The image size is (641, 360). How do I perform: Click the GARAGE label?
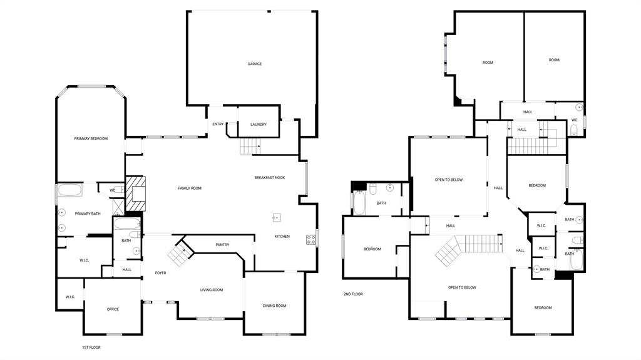point(254,64)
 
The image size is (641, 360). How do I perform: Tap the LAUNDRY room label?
point(259,125)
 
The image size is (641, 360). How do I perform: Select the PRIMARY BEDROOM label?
point(91,138)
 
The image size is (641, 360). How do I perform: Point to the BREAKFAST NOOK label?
point(269,178)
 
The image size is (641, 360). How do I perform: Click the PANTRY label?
point(222,245)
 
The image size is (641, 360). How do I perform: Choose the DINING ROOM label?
point(274,306)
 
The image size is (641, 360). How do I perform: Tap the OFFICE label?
point(113,309)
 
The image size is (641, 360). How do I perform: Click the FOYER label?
point(161,273)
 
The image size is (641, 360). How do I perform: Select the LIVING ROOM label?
point(212,290)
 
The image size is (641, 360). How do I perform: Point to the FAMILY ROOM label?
point(190,188)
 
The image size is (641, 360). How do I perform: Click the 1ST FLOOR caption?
point(91,347)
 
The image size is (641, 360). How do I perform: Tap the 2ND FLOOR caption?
point(353,294)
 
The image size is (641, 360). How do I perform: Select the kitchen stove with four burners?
point(311,239)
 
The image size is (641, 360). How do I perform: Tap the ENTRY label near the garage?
point(218,124)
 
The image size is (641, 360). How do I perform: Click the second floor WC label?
point(574,120)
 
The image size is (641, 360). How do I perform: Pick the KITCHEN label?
point(282,236)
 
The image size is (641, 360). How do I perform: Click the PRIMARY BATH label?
point(88,214)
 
